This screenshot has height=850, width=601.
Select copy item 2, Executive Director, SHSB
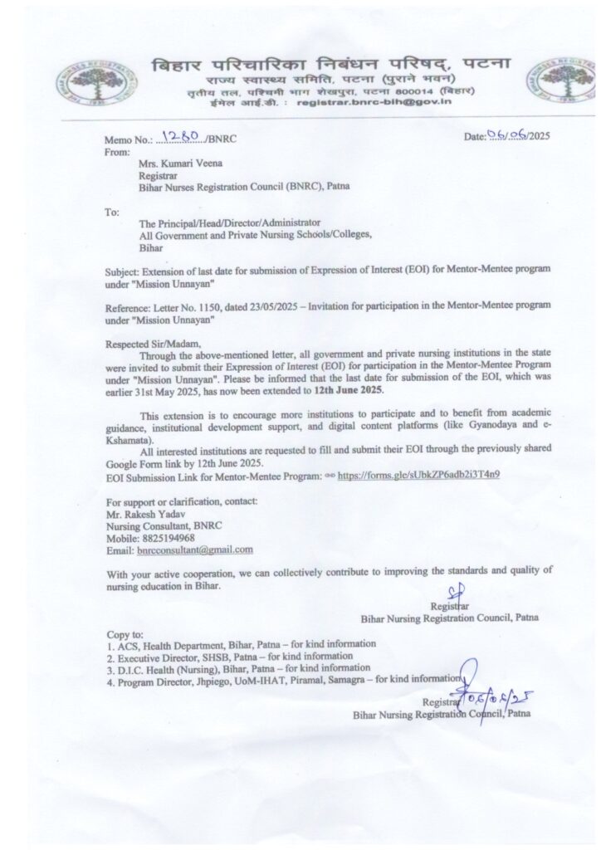coord(184,655)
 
